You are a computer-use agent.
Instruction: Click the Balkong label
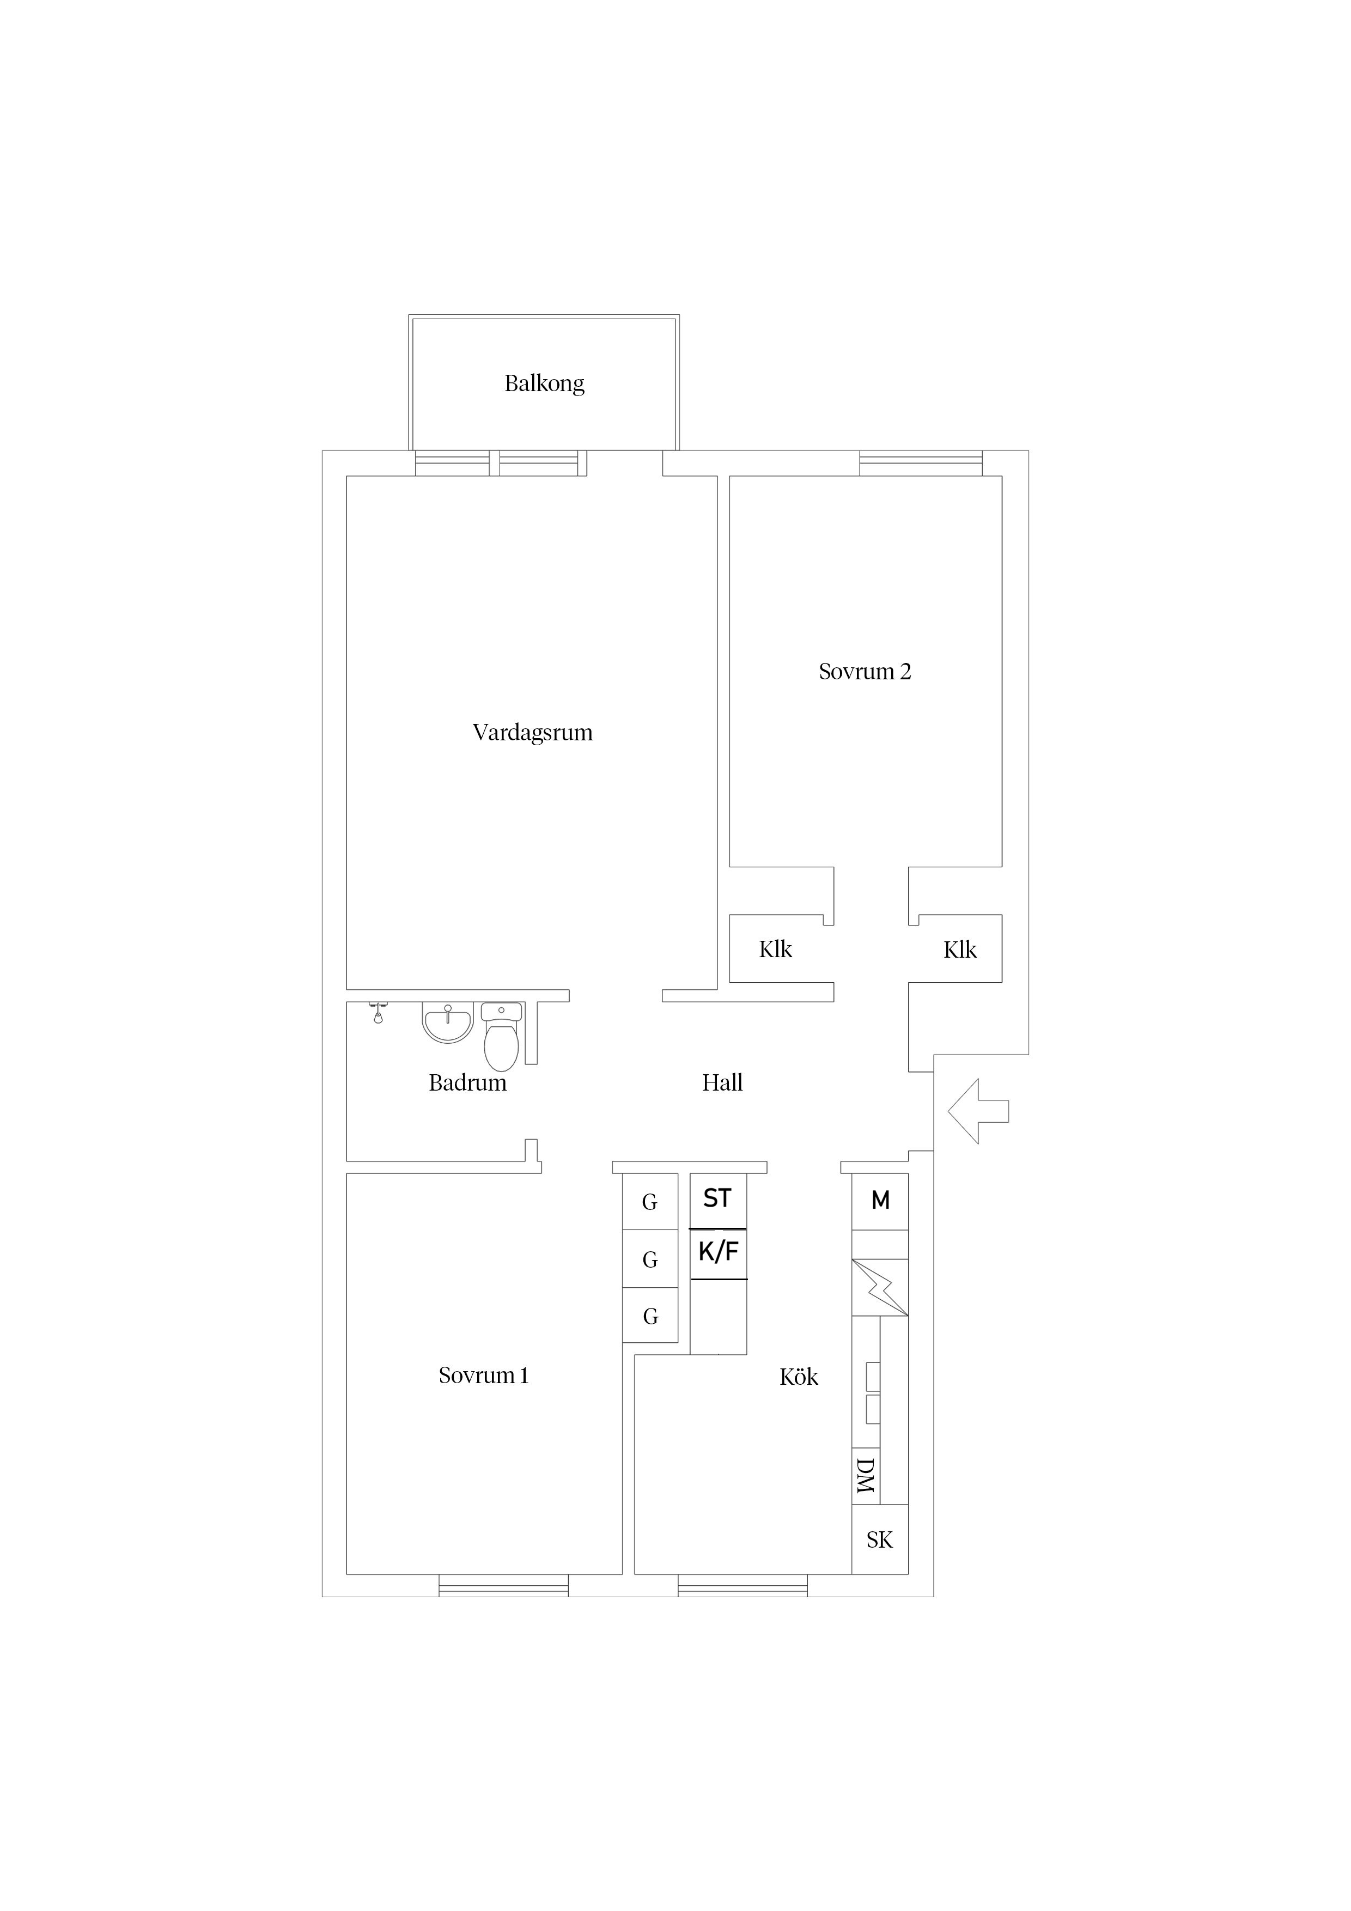tap(544, 384)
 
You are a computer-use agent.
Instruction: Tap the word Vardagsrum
tap(533, 733)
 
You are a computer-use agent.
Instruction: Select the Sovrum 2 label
tap(865, 672)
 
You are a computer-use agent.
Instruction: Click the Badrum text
tap(468, 1083)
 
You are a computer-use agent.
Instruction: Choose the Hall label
tap(722, 1083)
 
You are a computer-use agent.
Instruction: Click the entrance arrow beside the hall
tap(978, 1111)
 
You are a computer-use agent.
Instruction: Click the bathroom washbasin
tap(448, 1023)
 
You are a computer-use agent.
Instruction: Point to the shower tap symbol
tap(378, 1012)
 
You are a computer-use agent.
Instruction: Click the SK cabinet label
tap(880, 1541)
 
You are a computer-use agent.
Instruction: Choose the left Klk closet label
tap(776, 950)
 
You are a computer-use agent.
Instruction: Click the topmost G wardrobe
tap(650, 1202)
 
